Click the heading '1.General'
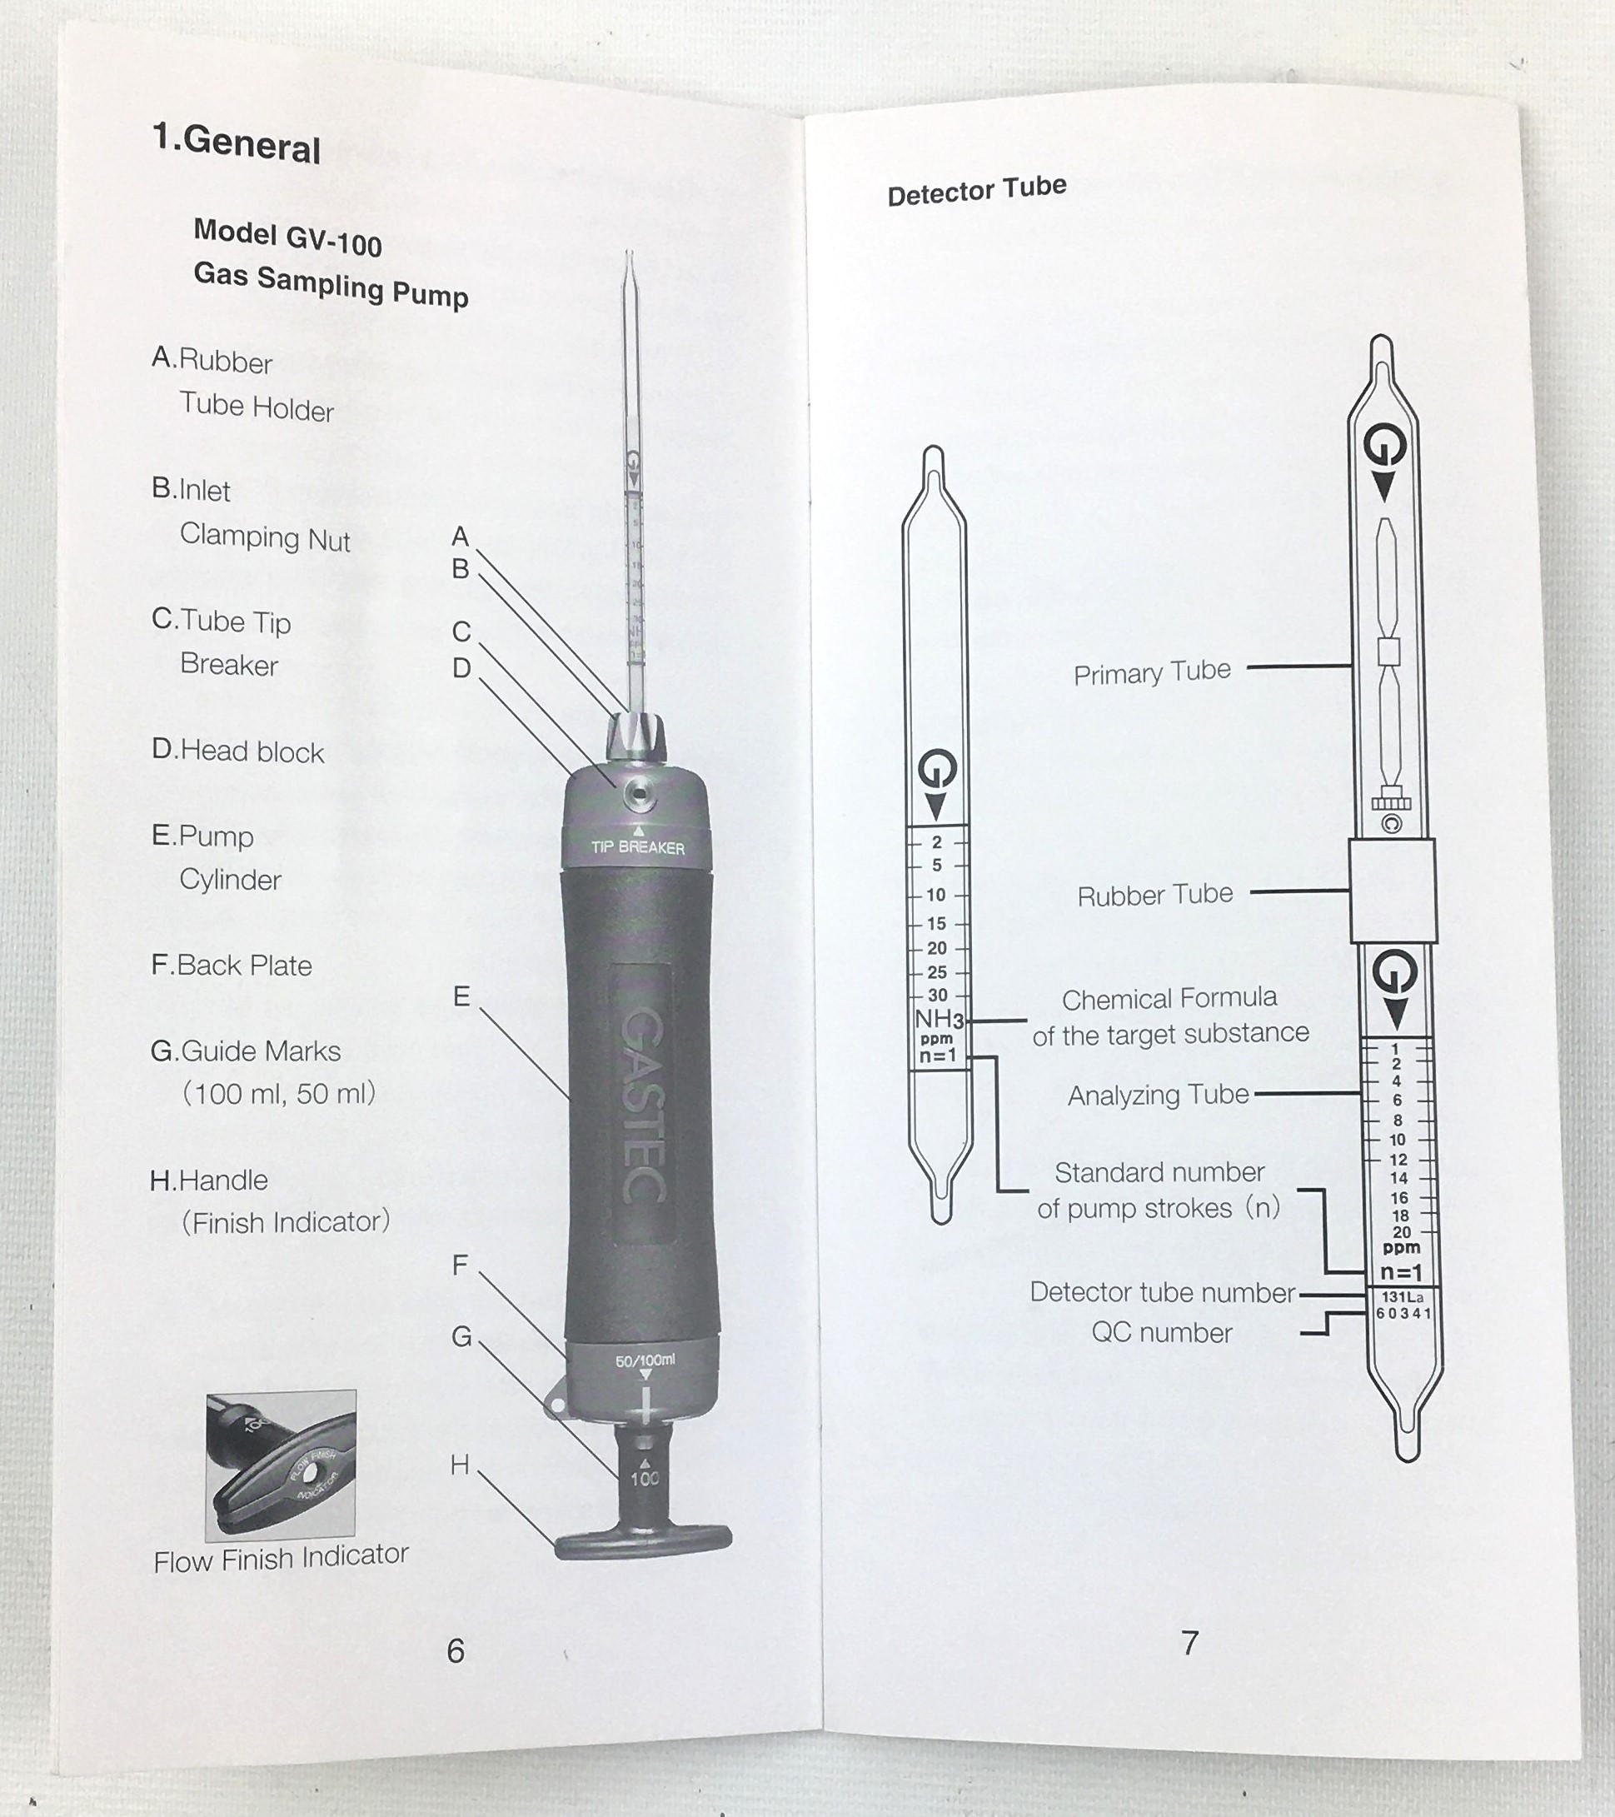(x=237, y=143)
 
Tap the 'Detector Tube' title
(x=976, y=191)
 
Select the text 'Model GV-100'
(x=288, y=238)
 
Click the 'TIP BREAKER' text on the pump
(x=638, y=847)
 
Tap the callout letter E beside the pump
(x=461, y=996)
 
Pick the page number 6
(x=456, y=1650)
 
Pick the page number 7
(x=1189, y=1643)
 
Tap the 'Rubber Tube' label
(x=1154, y=895)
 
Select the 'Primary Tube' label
(x=1152, y=673)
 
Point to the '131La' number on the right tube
(x=1402, y=1297)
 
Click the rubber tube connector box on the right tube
(x=1392, y=891)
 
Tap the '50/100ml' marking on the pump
(x=646, y=1361)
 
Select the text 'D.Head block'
(x=238, y=751)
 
